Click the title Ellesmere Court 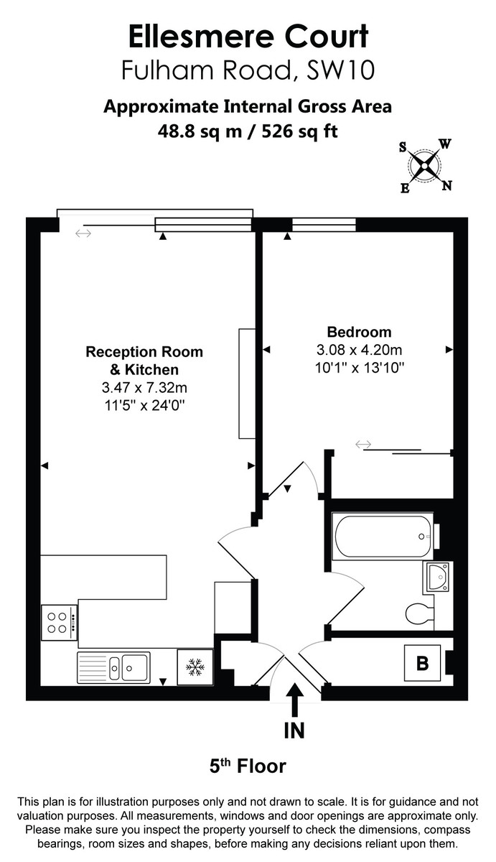pyautogui.click(x=248, y=35)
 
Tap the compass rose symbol pyautogui.click(x=426, y=167)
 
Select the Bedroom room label pyautogui.click(x=359, y=332)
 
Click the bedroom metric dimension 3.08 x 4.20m pyautogui.click(x=359, y=350)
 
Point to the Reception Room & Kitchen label pyautogui.click(x=144, y=361)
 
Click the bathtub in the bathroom pyautogui.click(x=383, y=534)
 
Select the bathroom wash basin pyautogui.click(x=436, y=577)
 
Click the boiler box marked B pyautogui.click(x=422, y=664)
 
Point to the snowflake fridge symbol pyautogui.click(x=195, y=667)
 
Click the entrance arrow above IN pyautogui.click(x=294, y=698)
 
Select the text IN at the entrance pyautogui.click(x=294, y=731)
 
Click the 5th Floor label pyautogui.click(x=248, y=766)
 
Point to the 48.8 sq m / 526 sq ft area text pyautogui.click(x=248, y=131)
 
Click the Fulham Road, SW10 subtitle pyautogui.click(x=248, y=70)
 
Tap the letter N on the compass pyautogui.click(x=446, y=186)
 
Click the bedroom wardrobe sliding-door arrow pyautogui.click(x=363, y=445)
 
